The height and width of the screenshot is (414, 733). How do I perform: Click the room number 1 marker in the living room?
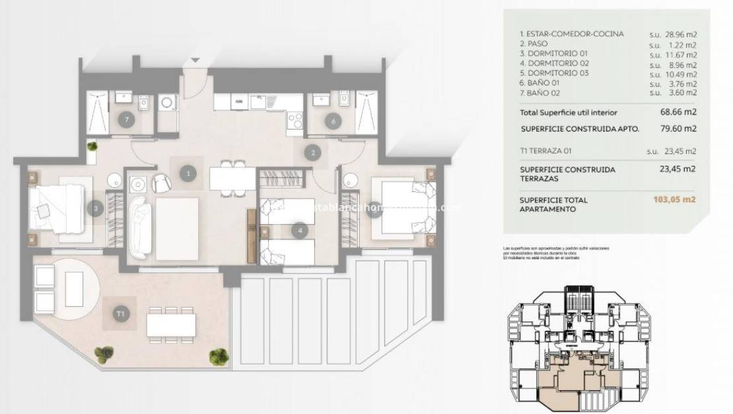[x=188, y=173]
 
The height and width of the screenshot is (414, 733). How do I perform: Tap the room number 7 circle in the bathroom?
[x=127, y=120]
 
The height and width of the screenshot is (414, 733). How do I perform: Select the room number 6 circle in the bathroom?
[x=333, y=120]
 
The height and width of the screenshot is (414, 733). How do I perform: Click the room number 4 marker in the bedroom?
[x=300, y=231]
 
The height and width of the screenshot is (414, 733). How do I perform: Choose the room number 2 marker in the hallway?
[x=312, y=153]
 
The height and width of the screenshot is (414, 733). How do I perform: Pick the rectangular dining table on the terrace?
[x=172, y=324]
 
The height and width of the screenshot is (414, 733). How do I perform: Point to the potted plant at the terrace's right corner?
[x=218, y=356]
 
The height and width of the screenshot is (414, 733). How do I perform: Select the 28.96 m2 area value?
[x=682, y=33]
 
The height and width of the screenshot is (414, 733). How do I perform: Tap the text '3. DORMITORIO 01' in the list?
[x=553, y=53]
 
